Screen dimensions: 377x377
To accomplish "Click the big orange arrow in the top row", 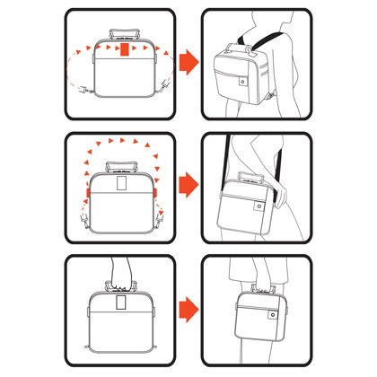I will [x=188, y=62].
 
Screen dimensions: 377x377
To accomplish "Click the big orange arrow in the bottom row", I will [x=188, y=311].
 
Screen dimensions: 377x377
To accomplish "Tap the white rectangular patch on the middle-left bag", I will [x=121, y=186].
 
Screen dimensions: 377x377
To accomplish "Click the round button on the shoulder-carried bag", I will [x=259, y=208].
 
